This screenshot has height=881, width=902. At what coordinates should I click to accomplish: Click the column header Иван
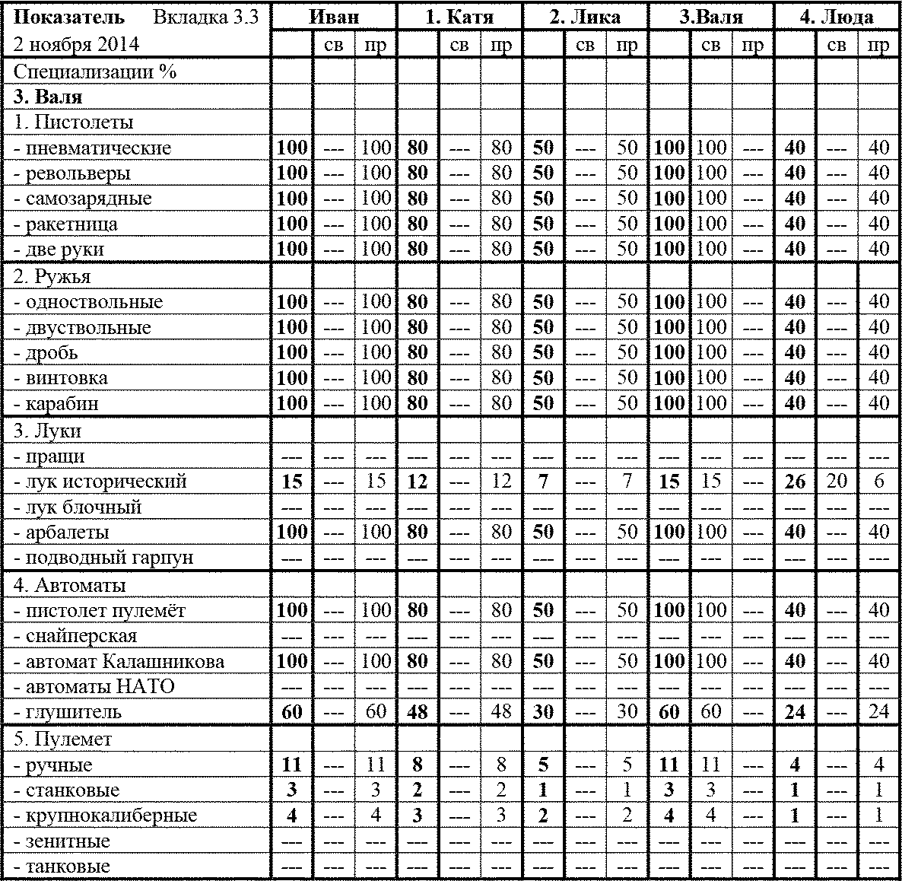[x=335, y=17]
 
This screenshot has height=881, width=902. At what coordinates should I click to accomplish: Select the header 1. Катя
[x=459, y=17]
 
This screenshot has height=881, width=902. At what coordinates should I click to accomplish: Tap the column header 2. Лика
[x=585, y=17]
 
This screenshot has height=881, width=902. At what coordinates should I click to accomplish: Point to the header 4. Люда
[x=836, y=17]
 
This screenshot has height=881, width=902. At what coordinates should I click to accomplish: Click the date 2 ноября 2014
[x=76, y=44]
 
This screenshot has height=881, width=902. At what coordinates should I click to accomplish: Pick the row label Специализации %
[x=95, y=72]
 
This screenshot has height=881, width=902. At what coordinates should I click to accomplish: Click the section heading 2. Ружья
[x=52, y=276]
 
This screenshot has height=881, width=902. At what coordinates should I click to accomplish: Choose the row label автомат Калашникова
[x=119, y=661]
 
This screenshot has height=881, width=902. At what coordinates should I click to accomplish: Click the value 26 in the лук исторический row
[x=795, y=482]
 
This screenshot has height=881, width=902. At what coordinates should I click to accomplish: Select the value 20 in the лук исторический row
[x=837, y=482]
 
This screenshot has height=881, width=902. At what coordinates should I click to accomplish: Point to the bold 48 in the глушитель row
[x=418, y=712]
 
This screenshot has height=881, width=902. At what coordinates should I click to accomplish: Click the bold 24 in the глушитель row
[x=795, y=712]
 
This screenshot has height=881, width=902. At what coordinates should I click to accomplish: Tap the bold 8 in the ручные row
[x=418, y=765]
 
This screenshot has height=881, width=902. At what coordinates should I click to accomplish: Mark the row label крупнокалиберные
[x=105, y=816]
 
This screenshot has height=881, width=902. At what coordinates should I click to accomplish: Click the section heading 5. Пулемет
[x=62, y=739]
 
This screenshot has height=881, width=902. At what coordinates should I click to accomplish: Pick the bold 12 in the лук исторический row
[x=418, y=482]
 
